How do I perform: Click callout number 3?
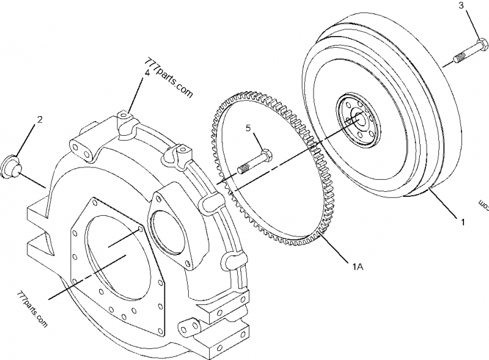click(x=478, y=6)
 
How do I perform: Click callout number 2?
click(x=40, y=120)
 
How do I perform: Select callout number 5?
click(x=249, y=128)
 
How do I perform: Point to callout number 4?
click(x=147, y=73)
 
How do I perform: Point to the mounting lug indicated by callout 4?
click(x=125, y=116)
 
